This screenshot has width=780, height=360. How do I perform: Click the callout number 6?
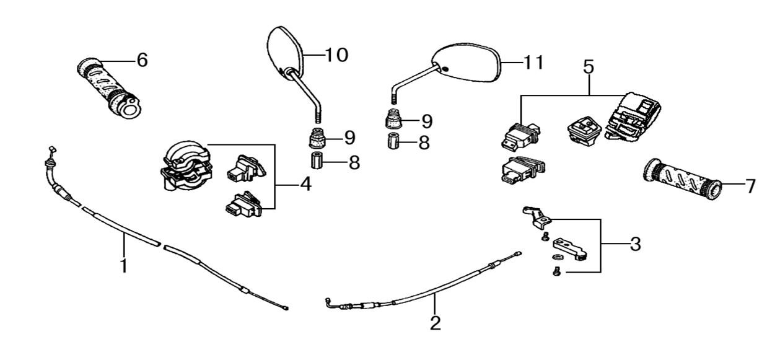142,60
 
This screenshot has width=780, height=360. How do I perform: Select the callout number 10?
336,55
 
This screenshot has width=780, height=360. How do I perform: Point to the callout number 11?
533,63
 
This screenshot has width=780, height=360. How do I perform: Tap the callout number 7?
750,185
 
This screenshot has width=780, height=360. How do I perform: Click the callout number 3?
634,244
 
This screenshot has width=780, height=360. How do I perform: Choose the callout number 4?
305,184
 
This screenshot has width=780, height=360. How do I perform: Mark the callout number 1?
123,266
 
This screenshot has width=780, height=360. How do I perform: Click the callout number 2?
435,323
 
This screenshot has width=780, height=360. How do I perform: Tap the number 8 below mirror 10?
354,163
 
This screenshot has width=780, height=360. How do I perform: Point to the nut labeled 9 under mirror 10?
317,136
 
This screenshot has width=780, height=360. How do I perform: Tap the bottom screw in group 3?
556,271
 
